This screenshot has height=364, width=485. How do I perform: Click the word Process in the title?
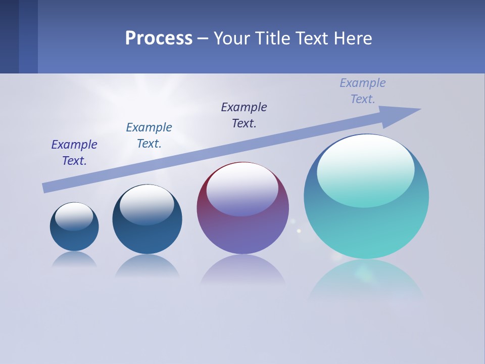pos(159,38)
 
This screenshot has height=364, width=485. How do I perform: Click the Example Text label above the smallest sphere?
pos(74,153)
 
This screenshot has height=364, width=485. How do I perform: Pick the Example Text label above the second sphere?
pos(149,135)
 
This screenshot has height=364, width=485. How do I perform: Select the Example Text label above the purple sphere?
pos(244,115)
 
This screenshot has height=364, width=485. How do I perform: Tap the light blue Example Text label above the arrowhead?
pos(363,91)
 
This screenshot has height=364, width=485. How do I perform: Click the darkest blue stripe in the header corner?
pos(9,36)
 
